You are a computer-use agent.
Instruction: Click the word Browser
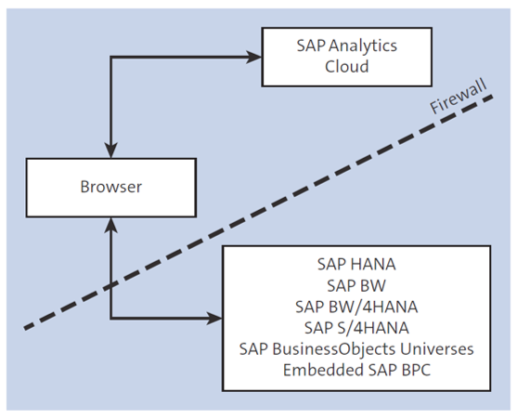(x=110, y=187)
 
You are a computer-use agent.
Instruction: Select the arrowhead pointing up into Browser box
(x=110, y=223)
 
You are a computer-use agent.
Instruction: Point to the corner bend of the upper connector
(x=110, y=57)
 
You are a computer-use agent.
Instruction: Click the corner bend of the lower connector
(x=110, y=319)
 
